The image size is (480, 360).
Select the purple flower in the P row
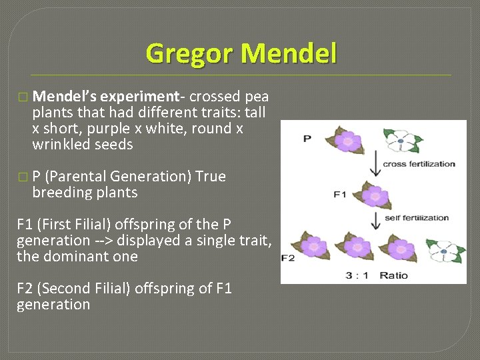click(x=347, y=141)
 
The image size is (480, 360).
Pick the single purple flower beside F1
click(x=375, y=196)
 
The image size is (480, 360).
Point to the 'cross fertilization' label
click(x=419, y=164)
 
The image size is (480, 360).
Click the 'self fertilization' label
click(x=417, y=218)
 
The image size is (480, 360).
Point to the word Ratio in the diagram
click(x=393, y=275)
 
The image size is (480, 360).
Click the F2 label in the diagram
click(x=288, y=258)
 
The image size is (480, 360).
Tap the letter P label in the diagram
click(x=307, y=138)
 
